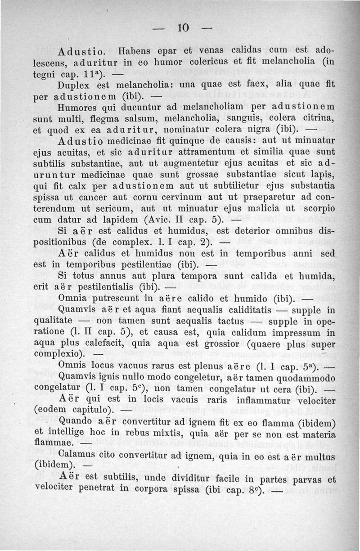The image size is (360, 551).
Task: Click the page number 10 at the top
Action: click(x=182, y=27)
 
